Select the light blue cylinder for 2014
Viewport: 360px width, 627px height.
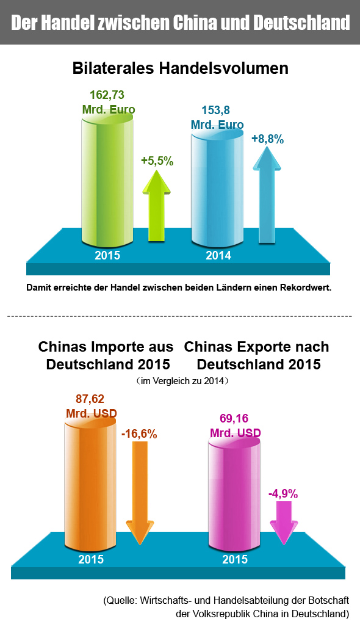pyautogui.click(x=217, y=188)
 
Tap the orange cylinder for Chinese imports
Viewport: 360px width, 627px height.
pyautogui.click(x=90, y=480)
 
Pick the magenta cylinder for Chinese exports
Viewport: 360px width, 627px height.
pyautogui.click(x=234, y=492)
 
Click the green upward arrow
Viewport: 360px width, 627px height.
pyautogui.click(x=157, y=206)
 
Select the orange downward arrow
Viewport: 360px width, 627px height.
pyautogui.click(x=140, y=493)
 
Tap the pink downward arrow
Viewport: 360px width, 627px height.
pyautogui.click(x=284, y=523)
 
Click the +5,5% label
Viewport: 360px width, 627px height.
pyautogui.click(x=157, y=161)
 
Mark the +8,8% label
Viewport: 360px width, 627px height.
pyautogui.click(x=268, y=139)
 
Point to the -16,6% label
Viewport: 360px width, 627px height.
pyautogui.click(x=139, y=434)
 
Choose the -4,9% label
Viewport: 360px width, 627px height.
pyautogui.click(x=283, y=494)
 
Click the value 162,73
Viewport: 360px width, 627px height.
pyautogui.click(x=107, y=95)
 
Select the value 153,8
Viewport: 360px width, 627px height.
pyautogui.click(x=216, y=110)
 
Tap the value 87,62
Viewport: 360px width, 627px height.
pyautogui.click(x=90, y=399)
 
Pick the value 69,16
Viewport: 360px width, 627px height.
pyautogui.click(x=234, y=418)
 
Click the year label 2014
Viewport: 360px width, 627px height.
pyautogui.click(x=218, y=255)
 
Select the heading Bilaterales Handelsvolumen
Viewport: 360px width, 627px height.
pyautogui.click(x=180, y=68)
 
